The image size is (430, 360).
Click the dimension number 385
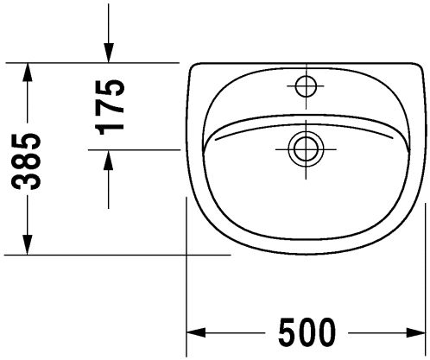(x=26, y=161)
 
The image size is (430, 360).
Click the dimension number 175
(x=110, y=107)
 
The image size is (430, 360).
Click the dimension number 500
(x=307, y=332)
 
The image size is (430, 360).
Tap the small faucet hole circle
(x=306, y=85)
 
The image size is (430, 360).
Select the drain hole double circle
(x=306, y=149)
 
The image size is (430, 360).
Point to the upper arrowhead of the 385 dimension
(x=28, y=73)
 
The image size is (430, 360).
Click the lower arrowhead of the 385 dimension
(x=28, y=244)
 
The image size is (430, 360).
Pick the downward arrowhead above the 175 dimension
(x=109, y=53)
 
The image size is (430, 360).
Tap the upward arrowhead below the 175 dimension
(x=109, y=161)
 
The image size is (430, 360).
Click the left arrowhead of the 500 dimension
(x=196, y=332)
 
